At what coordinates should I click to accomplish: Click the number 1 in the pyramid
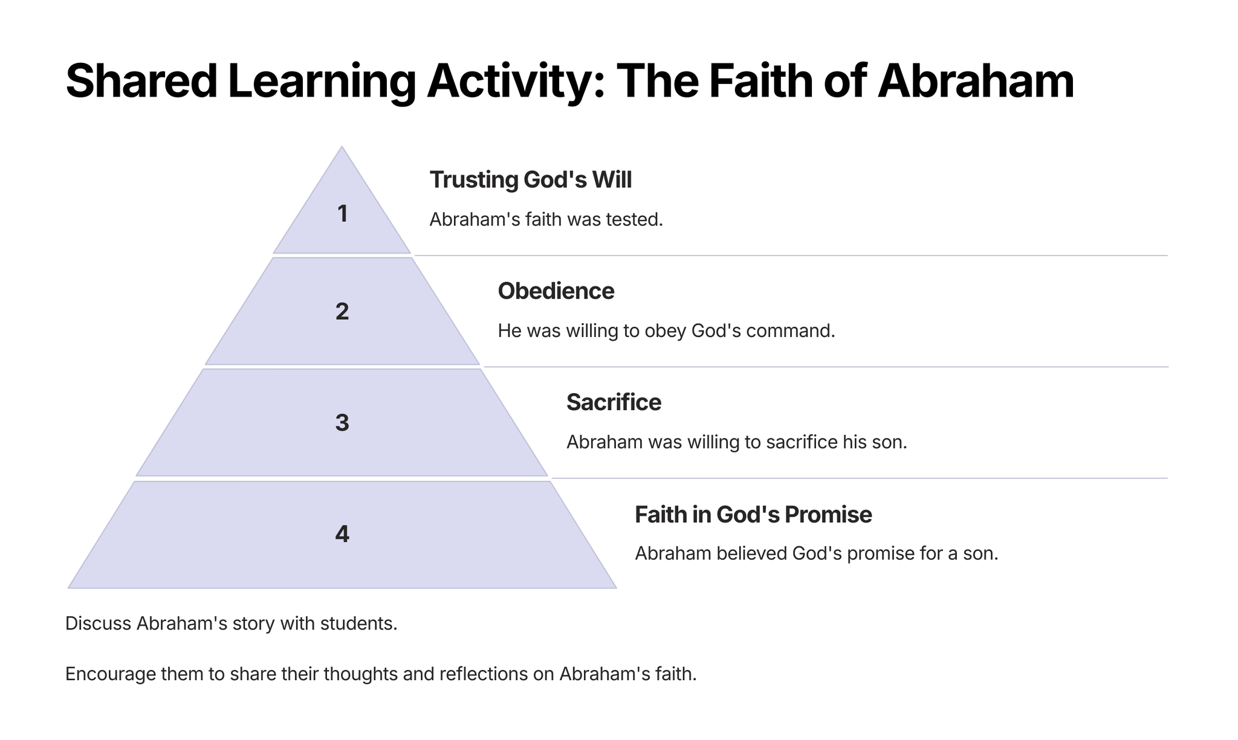tap(342, 214)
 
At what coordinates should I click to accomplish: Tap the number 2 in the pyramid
tap(342, 312)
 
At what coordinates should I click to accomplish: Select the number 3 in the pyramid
tap(342, 423)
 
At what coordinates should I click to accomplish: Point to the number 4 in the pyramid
tap(342, 534)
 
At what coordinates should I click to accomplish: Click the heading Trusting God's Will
tap(530, 180)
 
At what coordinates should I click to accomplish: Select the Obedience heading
tap(556, 291)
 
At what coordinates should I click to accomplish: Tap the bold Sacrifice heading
tap(614, 402)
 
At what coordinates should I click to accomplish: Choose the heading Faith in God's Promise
tap(753, 515)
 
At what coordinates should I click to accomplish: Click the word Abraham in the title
tap(976, 81)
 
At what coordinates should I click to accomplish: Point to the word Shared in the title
tap(141, 81)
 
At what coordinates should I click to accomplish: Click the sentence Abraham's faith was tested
tap(546, 220)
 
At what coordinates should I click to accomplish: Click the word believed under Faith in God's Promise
tap(751, 553)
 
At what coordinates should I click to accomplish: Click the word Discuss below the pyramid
tap(98, 623)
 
